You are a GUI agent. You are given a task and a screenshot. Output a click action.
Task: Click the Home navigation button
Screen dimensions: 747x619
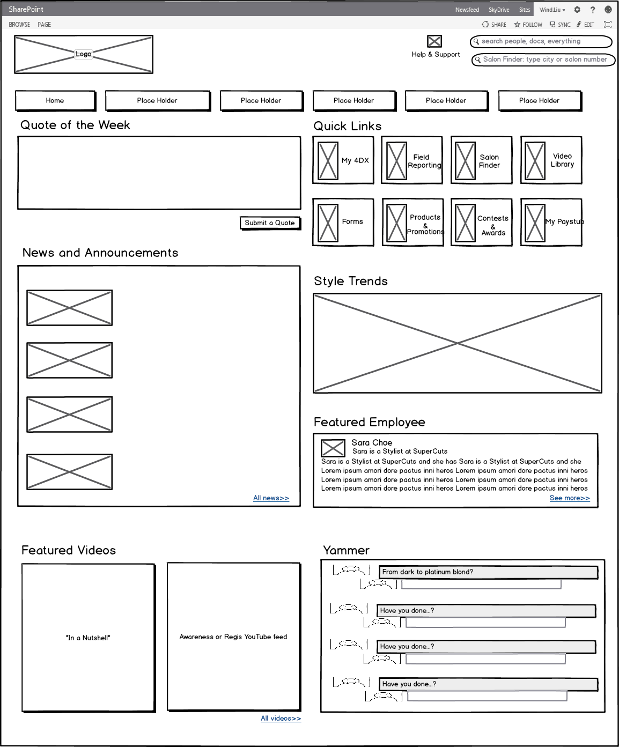55,100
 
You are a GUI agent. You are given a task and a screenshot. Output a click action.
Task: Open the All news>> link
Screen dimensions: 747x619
271,498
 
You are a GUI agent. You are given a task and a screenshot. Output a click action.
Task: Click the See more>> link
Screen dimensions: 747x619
569,498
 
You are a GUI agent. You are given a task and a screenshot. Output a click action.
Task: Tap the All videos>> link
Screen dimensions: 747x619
281,719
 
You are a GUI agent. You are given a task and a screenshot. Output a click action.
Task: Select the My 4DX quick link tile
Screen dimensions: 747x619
343,160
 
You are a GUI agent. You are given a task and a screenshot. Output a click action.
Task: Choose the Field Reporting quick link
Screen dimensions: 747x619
412,160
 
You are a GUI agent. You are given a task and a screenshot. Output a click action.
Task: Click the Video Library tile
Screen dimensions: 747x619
551,160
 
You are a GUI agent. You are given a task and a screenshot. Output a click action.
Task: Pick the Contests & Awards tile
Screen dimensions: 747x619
482,223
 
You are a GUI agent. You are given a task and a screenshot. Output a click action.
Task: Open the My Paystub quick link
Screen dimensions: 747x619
551,223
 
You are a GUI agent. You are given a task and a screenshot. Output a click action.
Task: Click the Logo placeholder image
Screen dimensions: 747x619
84,54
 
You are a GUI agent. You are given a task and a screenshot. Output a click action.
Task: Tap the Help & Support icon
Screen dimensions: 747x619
434,42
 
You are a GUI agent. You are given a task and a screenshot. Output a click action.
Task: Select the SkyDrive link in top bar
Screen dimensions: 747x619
499,10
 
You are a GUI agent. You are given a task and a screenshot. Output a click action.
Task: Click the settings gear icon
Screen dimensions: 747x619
577,10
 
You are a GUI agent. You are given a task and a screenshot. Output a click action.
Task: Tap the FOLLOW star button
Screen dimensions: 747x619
528,25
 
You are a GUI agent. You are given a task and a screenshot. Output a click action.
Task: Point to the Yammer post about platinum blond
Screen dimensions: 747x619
488,572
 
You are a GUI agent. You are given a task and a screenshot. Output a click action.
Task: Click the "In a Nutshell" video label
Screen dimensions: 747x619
88,638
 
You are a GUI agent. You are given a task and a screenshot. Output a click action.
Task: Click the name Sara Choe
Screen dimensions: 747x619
372,442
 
